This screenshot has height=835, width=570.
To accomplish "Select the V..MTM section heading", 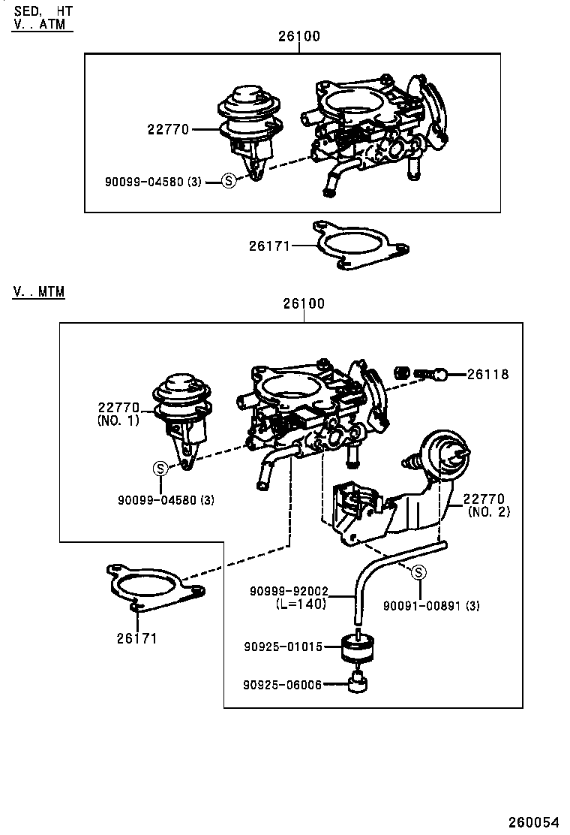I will (x=38, y=291).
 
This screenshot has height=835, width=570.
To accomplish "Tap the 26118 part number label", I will (x=488, y=374).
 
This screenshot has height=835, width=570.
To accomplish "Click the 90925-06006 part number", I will (x=282, y=684).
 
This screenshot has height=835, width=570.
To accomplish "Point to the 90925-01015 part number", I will (x=282, y=646).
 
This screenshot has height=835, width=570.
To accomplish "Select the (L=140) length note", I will (x=301, y=604).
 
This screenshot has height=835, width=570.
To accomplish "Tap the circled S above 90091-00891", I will (x=419, y=573).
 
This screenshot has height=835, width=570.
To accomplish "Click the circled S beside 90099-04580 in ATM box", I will (x=229, y=181).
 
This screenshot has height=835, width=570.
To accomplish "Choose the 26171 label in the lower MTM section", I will (x=136, y=638).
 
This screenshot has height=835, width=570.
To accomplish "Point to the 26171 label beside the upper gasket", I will (x=270, y=245).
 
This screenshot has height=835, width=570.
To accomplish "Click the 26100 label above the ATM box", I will (x=298, y=36).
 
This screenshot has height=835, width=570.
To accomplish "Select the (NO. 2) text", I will (x=489, y=512).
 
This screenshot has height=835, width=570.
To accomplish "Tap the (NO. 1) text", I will (x=118, y=421).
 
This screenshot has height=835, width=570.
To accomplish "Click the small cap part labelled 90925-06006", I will (x=358, y=683).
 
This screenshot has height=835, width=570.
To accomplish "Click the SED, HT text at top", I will (x=43, y=10).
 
